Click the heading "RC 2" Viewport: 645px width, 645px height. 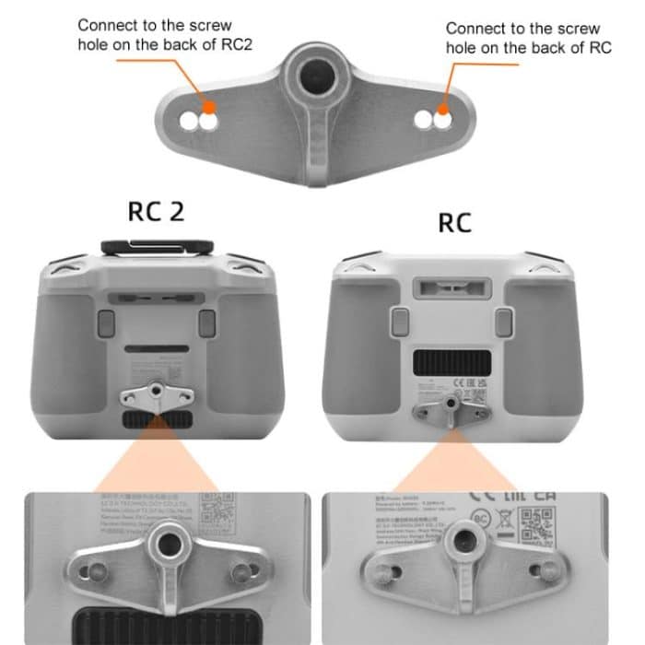coord(156,211)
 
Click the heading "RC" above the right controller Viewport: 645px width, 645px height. coord(453,221)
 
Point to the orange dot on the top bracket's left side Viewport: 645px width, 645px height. coord(209,119)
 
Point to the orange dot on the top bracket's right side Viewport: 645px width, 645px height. coord(442,117)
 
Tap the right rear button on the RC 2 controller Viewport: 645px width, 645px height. coord(207,322)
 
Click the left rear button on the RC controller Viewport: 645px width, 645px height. coord(400,321)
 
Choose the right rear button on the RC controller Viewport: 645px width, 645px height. coord(502,321)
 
